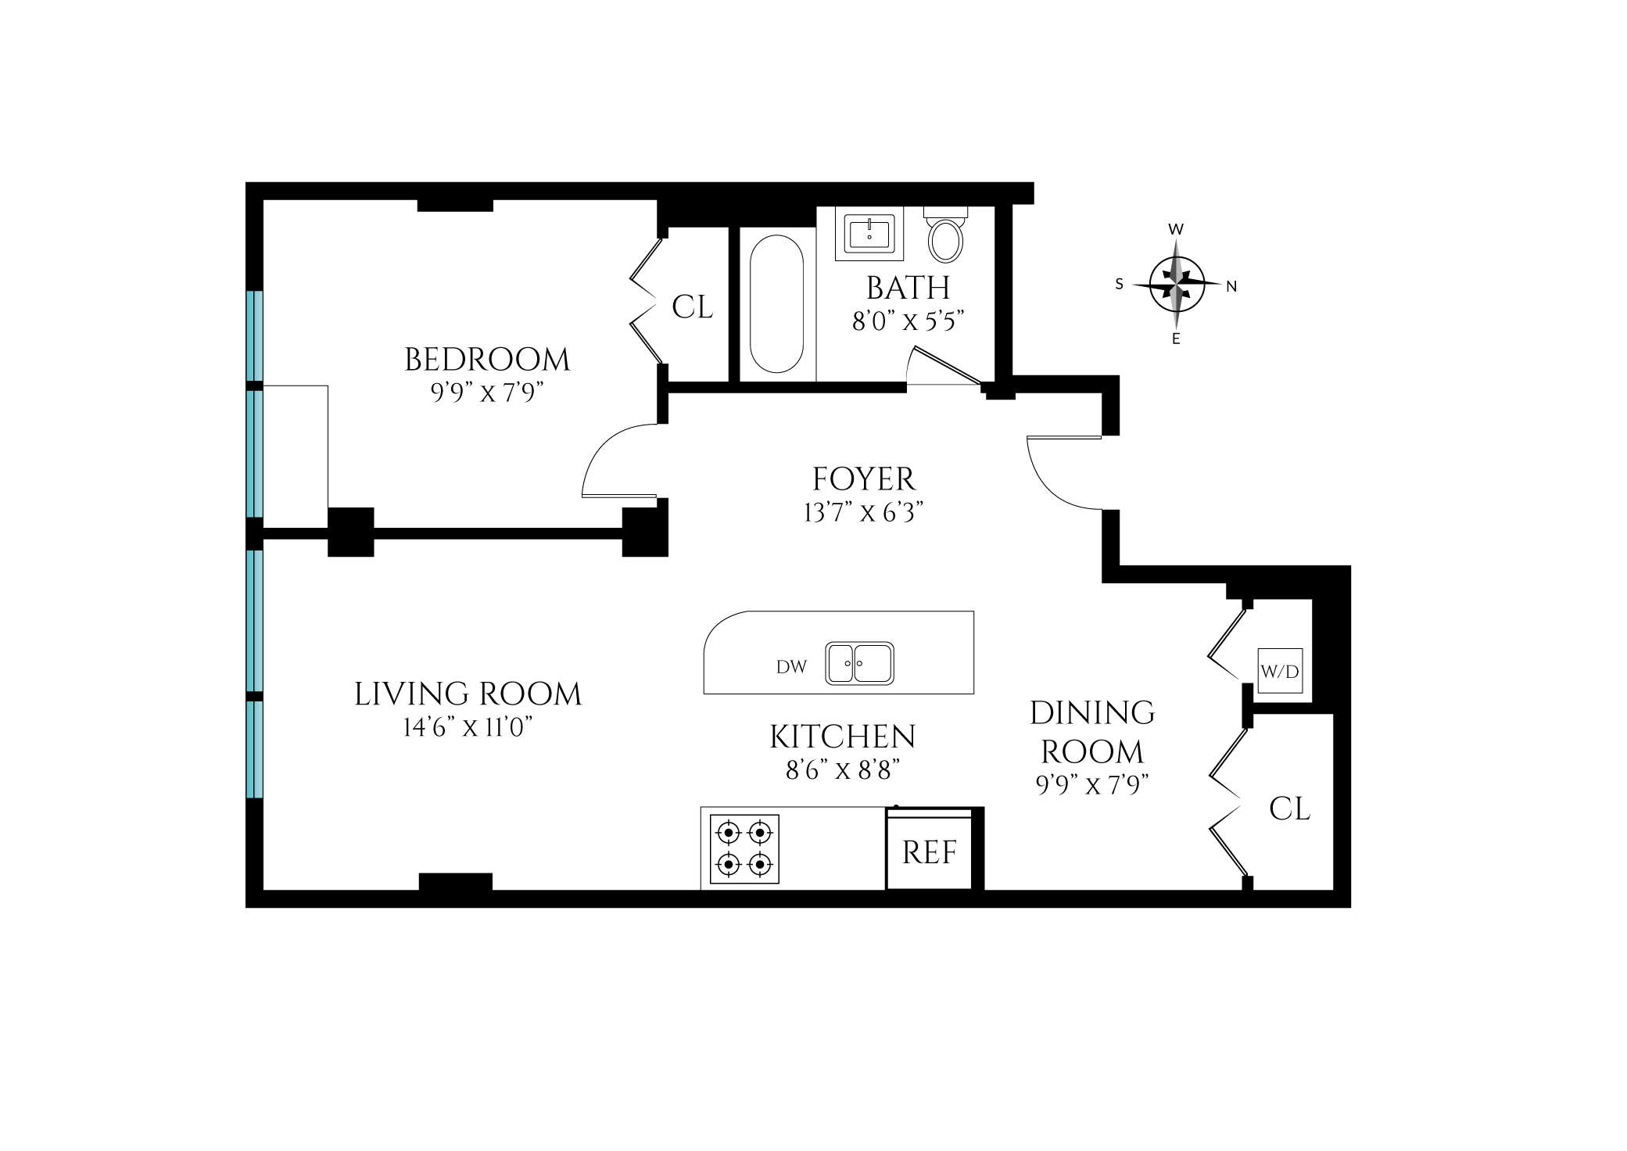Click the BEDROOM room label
click(x=487, y=360)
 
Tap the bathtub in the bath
click(x=776, y=303)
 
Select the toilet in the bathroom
click(x=946, y=235)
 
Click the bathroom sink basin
click(x=869, y=233)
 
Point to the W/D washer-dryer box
click(x=1280, y=670)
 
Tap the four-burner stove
click(x=744, y=849)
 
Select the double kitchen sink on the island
click(x=860, y=664)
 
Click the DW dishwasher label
click(x=791, y=667)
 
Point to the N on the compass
click(x=1231, y=287)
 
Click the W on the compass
click(x=1176, y=229)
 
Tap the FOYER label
click(x=864, y=479)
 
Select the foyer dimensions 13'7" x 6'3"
click(x=864, y=513)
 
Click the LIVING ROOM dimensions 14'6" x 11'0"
click(x=468, y=728)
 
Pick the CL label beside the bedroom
click(x=693, y=307)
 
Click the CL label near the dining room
click(x=1290, y=809)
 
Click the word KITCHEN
click(x=843, y=737)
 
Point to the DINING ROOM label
click(x=1092, y=732)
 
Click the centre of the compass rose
click(x=1177, y=284)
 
